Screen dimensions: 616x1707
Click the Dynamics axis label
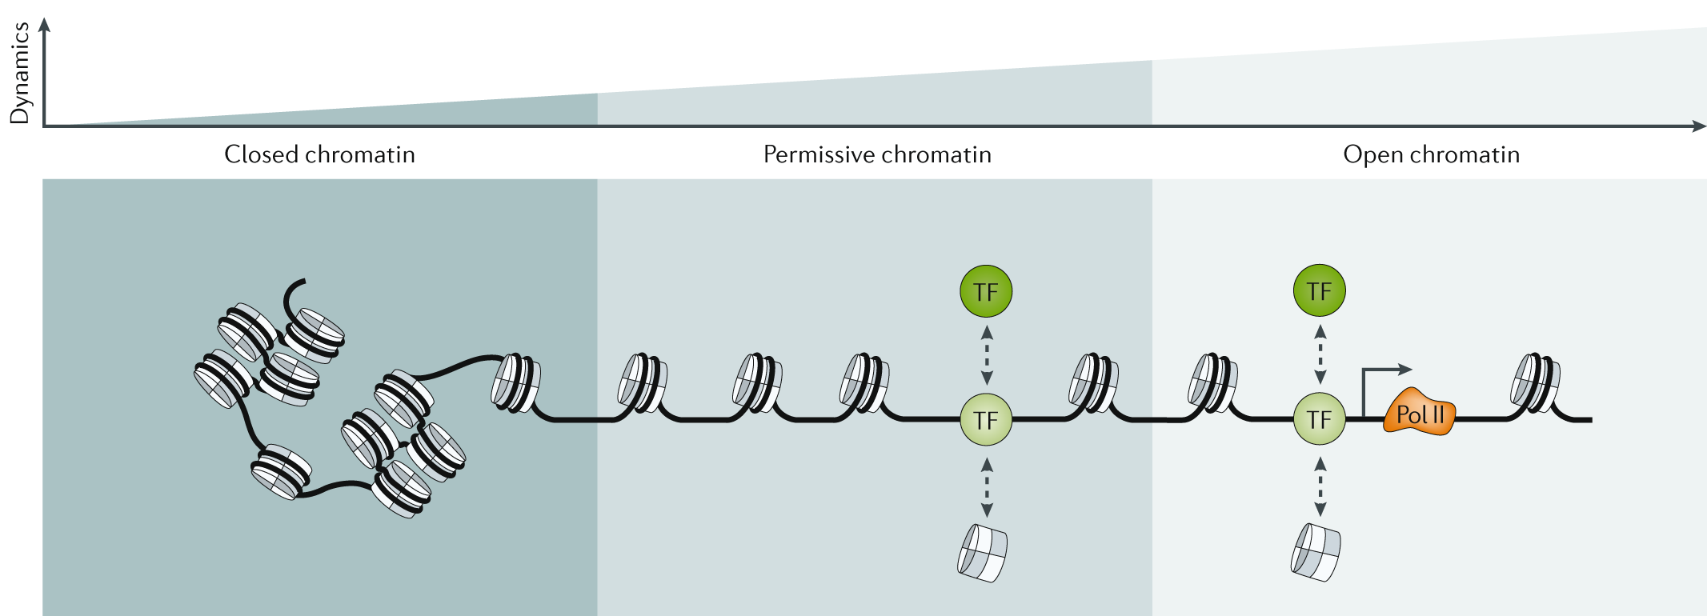(x=19, y=73)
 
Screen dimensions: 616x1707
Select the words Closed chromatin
(x=319, y=154)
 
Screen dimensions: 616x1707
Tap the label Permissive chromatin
(x=876, y=154)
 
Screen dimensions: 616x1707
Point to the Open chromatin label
(x=1431, y=154)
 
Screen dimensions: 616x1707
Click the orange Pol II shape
(x=1419, y=414)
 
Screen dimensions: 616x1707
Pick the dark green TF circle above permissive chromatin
(x=986, y=291)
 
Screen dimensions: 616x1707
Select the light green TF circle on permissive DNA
(x=986, y=419)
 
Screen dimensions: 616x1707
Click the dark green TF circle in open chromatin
(x=1319, y=290)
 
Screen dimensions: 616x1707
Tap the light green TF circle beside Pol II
(x=1319, y=419)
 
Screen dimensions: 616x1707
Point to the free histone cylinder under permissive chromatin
(x=982, y=553)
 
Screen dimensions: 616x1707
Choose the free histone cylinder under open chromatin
(x=1316, y=552)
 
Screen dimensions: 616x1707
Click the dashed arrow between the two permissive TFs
(x=987, y=355)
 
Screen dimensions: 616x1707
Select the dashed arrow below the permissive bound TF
(x=987, y=487)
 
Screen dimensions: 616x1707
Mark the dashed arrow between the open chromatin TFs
(x=1320, y=354)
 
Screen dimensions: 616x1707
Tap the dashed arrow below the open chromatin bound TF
(x=1320, y=486)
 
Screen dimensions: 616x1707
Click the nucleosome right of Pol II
(x=1534, y=383)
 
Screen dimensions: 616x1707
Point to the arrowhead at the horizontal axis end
(x=1699, y=126)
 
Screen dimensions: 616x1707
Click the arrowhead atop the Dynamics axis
(x=45, y=25)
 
